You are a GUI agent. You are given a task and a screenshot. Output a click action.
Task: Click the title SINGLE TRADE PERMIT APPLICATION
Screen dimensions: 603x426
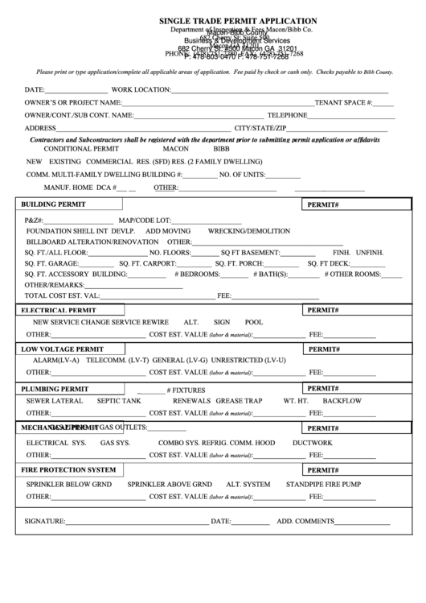point(238,21)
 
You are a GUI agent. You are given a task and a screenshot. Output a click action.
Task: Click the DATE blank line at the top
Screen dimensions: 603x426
point(76,90)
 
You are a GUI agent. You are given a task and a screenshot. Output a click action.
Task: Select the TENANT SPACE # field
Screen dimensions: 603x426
point(383,103)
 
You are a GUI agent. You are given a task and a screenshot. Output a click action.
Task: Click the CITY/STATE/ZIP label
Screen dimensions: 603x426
point(260,129)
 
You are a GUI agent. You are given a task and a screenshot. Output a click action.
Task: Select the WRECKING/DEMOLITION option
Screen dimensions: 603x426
point(249,230)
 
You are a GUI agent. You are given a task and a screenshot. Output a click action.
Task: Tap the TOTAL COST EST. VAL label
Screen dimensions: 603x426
point(63,295)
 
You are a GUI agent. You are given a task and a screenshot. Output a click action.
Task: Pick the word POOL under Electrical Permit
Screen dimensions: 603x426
point(254,321)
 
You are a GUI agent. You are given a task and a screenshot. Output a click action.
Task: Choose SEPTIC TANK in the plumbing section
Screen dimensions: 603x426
point(119,400)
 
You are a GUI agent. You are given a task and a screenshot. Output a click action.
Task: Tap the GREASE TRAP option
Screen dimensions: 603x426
point(240,400)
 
